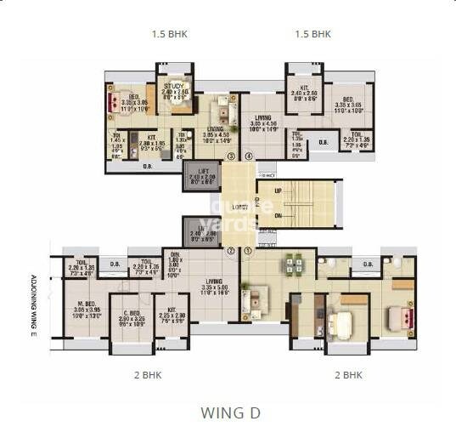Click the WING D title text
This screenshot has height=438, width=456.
click(x=229, y=413)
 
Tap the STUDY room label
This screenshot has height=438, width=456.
click(x=175, y=85)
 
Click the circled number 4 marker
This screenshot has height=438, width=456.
click(x=249, y=156)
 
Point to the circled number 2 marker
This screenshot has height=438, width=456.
click(x=230, y=251)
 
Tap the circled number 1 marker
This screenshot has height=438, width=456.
click(x=248, y=251)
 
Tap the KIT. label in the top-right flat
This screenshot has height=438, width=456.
click(x=303, y=88)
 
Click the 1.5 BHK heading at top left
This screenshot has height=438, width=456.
click(x=169, y=35)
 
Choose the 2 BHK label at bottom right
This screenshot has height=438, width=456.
click(x=348, y=374)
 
